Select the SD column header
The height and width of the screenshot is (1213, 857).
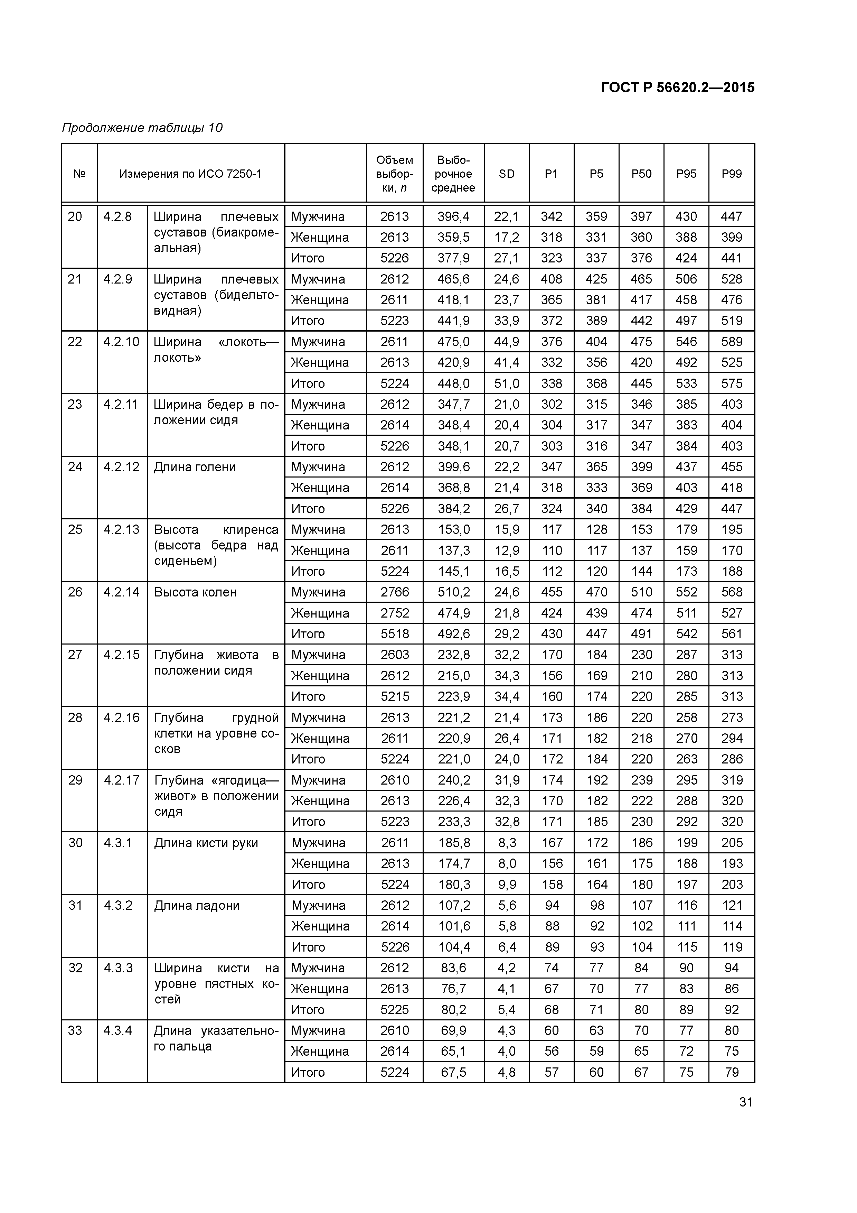tap(506, 174)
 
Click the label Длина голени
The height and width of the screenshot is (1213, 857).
tap(194, 467)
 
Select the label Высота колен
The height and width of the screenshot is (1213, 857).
tap(195, 592)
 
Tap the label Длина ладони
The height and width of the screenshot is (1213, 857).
tap(196, 906)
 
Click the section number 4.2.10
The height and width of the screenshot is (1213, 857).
tap(121, 342)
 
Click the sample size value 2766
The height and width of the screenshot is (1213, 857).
tap(394, 592)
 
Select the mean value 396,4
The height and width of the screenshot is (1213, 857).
tap(453, 216)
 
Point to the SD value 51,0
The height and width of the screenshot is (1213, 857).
tap(506, 383)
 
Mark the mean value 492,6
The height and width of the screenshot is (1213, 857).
tap(453, 634)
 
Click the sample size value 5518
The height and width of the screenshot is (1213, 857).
tap(394, 634)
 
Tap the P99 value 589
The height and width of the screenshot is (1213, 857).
tap(731, 342)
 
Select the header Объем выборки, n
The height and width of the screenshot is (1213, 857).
tap(394, 174)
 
